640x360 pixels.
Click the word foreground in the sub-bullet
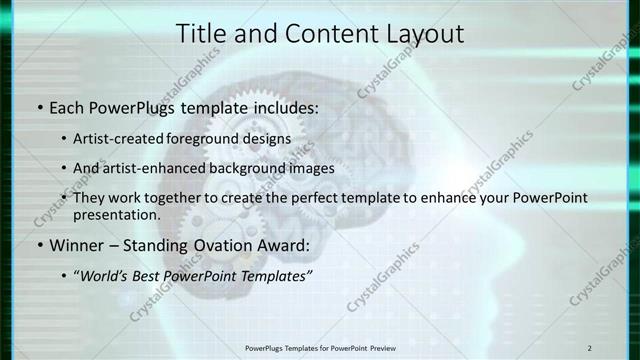coord(219,139)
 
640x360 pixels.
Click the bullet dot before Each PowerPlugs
coord(39,106)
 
